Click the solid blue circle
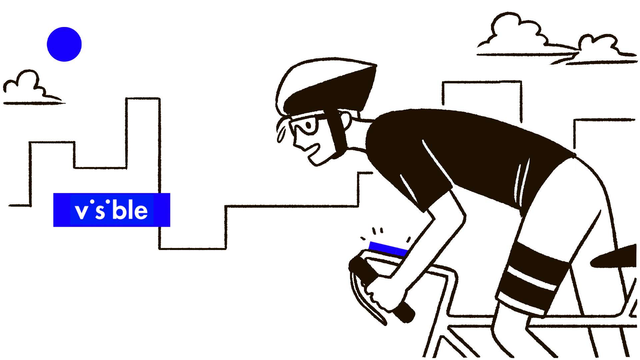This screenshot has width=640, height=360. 64,44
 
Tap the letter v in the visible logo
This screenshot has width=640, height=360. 82,212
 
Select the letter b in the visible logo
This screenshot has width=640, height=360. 118,210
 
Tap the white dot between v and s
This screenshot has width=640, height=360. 92,202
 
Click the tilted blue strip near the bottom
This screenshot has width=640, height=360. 388,248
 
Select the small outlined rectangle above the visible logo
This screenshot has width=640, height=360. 143,101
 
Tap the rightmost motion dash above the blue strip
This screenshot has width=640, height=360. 408,239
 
